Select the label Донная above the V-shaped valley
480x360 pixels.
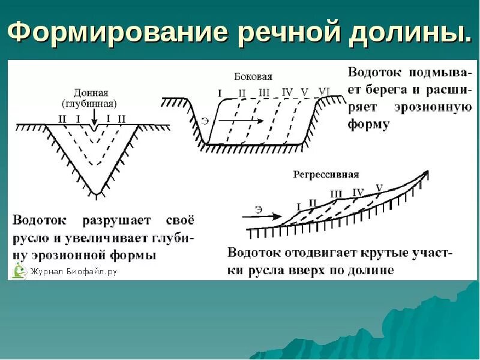(91, 93)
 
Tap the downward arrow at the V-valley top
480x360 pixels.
(95, 127)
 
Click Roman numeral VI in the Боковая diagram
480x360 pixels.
(324, 92)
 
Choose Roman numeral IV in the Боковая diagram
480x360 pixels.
(287, 92)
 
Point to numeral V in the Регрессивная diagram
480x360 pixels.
(379, 188)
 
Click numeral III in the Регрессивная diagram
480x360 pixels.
(336, 194)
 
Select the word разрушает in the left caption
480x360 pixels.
(106, 220)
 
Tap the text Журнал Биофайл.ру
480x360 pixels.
(73, 272)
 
